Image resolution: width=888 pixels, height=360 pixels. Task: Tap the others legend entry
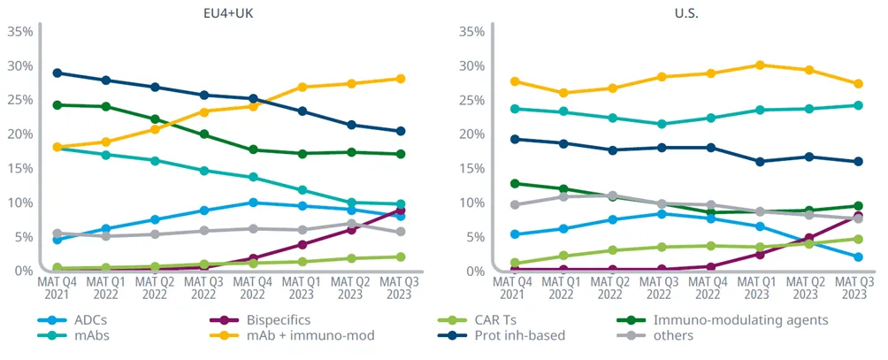click(x=672, y=336)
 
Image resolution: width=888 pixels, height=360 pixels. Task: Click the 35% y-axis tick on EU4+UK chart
click(x=19, y=32)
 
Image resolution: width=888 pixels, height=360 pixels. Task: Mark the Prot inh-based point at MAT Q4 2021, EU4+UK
click(x=57, y=73)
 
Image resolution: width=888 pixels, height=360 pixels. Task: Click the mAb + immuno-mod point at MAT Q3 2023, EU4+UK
click(x=401, y=79)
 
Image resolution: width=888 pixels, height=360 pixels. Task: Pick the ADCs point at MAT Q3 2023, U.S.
click(x=855, y=257)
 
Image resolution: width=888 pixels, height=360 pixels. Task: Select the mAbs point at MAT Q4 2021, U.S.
click(x=514, y=109)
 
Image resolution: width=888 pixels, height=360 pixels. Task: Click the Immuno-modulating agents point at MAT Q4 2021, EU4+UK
click(x=57, y=104)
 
